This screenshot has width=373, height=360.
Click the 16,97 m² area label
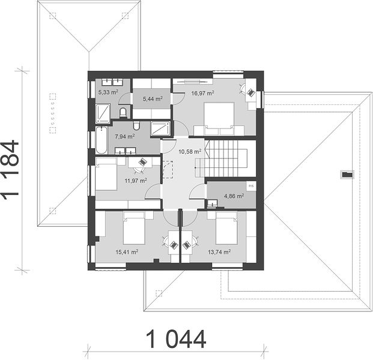tap(202, 93)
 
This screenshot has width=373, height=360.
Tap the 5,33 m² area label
tap(108, 92)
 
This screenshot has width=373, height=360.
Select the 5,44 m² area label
tap(153, 98)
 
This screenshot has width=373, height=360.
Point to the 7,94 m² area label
tap(125, 137)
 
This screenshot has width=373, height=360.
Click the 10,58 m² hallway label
tap(190, 151)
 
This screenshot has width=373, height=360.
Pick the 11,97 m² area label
tap(136, 181)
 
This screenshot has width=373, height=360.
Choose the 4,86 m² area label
tap(234, 196)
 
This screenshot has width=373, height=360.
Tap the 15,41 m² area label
tap(127, 252)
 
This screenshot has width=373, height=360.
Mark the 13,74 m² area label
tap(219, 252)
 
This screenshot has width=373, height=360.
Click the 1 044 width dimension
tap(176, 339)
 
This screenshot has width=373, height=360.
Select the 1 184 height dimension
tap(10, 168)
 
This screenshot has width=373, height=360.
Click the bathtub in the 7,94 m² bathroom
tap(102, 140)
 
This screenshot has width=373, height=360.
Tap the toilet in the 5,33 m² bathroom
tap(123, 113)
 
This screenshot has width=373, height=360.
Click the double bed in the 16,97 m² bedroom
tap(219, 116)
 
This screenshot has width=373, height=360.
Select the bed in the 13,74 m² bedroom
tap(226, 228)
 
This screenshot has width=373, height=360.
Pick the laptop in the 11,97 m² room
tap(142, 162)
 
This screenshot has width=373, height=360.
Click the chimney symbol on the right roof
tap(347, 175)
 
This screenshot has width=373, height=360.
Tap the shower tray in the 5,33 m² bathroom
tap(103, 114)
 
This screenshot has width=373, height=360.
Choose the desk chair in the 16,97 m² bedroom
tap(242, 89)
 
